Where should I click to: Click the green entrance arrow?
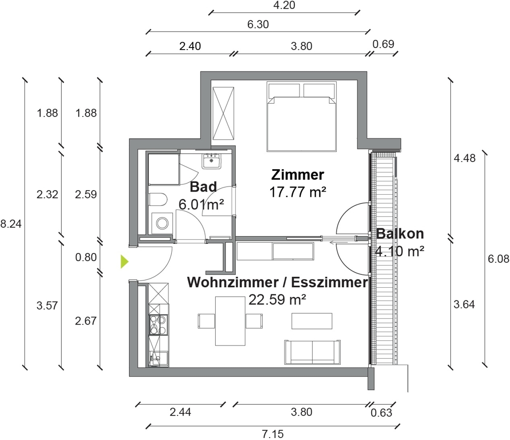[124, 262]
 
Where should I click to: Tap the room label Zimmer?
[298, 175]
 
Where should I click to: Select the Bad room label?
[203, 187]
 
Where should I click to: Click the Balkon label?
[400, 234]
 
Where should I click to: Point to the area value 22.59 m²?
[277, 299]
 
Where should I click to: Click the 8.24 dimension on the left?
[11, 224]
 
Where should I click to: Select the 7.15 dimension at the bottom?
[273, 434]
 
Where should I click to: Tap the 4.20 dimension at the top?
[284, 5]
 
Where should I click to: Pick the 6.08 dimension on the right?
[499, 259]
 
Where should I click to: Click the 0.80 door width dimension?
[86, 258]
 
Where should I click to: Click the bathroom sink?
[212, 161]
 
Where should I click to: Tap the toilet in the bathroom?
[158, 199]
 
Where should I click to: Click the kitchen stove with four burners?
[159, 325]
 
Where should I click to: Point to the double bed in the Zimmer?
[301, 117]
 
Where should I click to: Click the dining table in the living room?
[231, 321]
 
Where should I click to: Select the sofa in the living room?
[313, 352]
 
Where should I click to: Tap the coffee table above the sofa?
[312, 321]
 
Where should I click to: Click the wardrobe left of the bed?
[223, 113]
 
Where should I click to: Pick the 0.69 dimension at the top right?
[383, 44]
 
